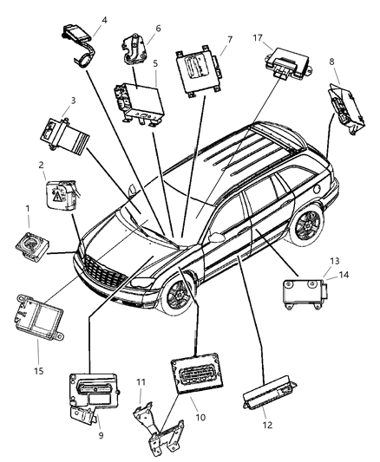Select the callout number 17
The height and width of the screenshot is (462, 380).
257,38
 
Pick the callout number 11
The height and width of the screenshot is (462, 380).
141,383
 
